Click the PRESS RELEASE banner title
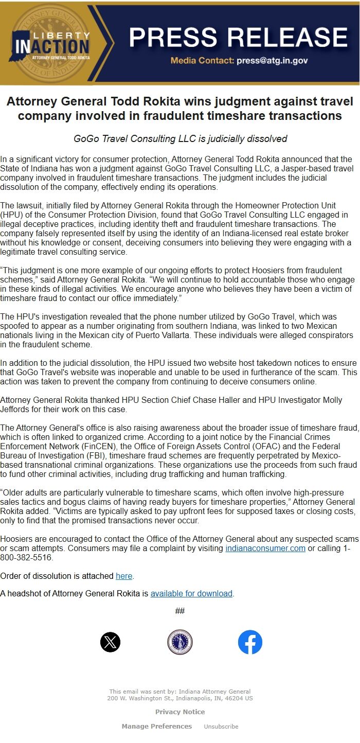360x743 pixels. (238, 37)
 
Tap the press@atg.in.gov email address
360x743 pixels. (272, 61)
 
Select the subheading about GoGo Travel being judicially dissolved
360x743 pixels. (180, 139)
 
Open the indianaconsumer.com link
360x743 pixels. (265, 548)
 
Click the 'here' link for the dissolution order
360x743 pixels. (124, 575)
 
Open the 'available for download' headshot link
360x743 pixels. (191, 593)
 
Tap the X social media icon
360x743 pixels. (110, 642)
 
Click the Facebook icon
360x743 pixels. (250, 642)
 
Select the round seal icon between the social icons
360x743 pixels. (180, 642)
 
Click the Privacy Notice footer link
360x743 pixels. (180, 712)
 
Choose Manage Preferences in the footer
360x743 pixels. (156, 727)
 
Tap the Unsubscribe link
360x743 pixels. (221, 727)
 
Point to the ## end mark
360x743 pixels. (180, 611)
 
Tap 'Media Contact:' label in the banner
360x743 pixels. (202, 61)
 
